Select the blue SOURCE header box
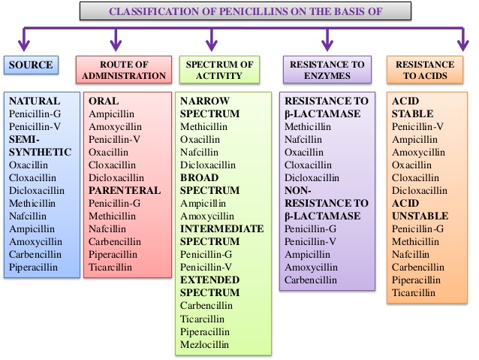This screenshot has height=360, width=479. click(x=30, y=65)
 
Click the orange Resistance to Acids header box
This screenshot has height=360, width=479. click(x=425, y=70)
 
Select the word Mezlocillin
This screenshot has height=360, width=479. click(x=205, y=345)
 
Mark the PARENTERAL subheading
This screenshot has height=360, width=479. click(x=125, y=190)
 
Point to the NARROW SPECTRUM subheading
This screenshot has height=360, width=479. click(x=207, y=107)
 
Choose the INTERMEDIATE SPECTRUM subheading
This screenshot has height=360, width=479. click(x=221, y=234)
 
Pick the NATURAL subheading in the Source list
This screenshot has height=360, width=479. click(x=34, y=100)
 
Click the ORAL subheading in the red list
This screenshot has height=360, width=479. click(x=104, y=100)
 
